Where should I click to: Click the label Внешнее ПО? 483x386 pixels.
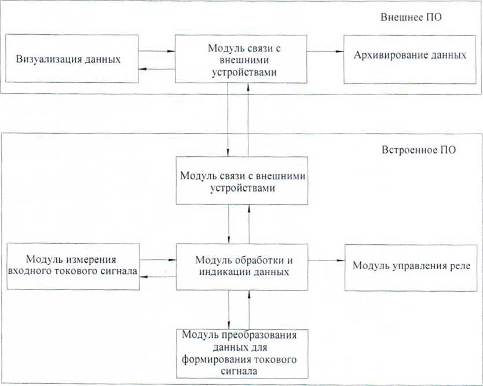coord(411,17)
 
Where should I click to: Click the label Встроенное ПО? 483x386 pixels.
coord(419,150)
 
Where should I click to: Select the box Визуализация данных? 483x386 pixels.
coord(72,58)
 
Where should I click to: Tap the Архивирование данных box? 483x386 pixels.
coord(409,59)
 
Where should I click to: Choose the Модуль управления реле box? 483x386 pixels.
coord(411,268)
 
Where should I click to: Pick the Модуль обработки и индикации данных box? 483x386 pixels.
coord(242,267)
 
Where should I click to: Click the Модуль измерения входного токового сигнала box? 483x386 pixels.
coord(73,267)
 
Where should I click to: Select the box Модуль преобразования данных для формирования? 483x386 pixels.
coord(242,354)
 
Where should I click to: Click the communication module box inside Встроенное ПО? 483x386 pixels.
coord(242,181)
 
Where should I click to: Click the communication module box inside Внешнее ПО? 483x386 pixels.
coord(241,59)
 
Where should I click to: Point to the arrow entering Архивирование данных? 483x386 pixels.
coord(325,52)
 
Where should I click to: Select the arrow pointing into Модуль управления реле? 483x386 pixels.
coord(326,260)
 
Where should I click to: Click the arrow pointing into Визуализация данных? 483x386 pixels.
coord(157,69)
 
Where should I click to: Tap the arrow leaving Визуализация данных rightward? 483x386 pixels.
coord(157,51)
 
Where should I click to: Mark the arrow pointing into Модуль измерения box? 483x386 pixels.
coord(158,277)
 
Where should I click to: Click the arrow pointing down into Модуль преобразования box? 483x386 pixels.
coord(229,310)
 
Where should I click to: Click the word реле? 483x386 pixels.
coord(460,266)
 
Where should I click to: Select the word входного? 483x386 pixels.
coord(29,271)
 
